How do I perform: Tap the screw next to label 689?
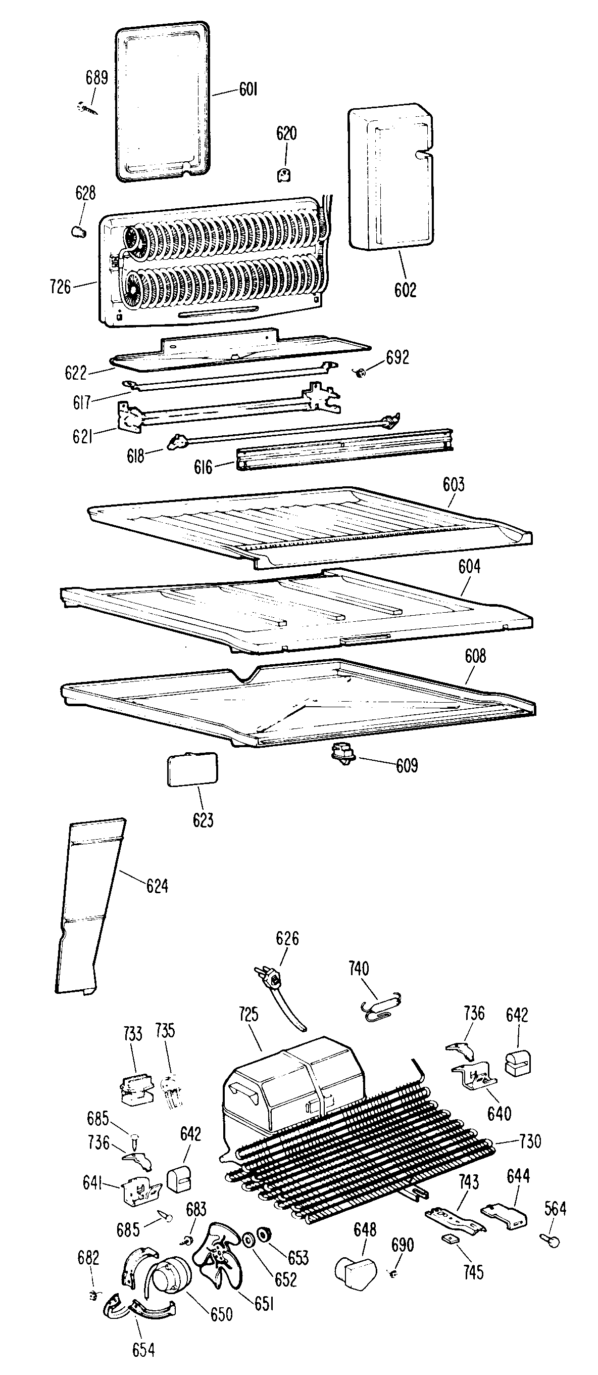click(x=87, y=108)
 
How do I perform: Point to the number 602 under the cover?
click(x=405, y=290)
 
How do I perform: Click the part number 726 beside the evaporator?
click(x=60, y=287)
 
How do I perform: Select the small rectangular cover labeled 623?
click(x=192, y=769)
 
